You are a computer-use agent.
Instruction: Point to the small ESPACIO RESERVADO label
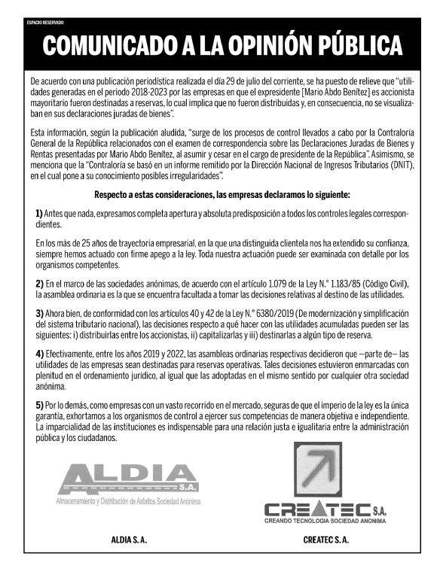(46, 23)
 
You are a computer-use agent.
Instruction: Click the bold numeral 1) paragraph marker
(39, 215)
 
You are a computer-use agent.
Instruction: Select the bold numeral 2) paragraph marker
(39, 284)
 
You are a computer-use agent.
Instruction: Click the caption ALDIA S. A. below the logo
(129, 540)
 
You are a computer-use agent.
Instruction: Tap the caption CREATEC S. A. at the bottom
(326, 540)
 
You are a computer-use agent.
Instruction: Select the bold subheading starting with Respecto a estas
(218, 195)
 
